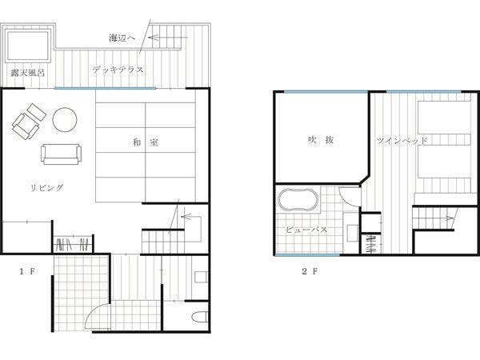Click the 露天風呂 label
click(27, 73)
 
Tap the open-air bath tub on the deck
click(28, 46)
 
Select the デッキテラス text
click(118, 70)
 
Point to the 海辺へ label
click(122, 38)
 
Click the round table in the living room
click(65, 120)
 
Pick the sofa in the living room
click(62, 154)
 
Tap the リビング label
click(47, 187)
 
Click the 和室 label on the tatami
click(146, 142)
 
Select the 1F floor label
click(27, 271)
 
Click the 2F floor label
click(310, 271)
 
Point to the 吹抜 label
click(321, 140)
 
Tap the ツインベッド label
click(402, 141)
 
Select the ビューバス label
click(306, 230)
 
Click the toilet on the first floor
click(200, 317)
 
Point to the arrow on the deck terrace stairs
click(168, 38)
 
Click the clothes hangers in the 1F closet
click(72, 244)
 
